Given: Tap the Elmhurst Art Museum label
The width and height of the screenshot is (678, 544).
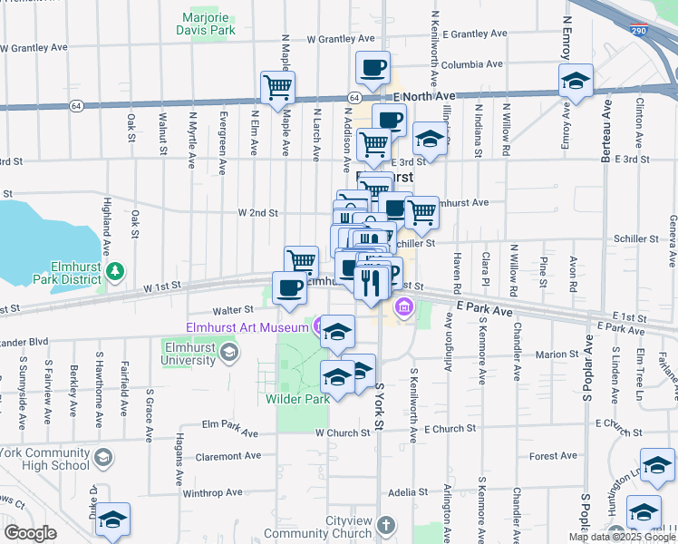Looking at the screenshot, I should (247, 326).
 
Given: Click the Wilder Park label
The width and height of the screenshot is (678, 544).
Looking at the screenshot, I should (297, 398).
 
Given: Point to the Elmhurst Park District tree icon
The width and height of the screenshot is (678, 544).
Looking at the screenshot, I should (115, 271).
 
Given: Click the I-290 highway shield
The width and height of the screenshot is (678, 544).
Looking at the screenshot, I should (639, 30).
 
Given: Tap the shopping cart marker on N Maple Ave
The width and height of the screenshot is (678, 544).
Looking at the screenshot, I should (277, 87).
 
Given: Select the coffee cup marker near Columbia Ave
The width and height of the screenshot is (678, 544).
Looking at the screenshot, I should (372, 66).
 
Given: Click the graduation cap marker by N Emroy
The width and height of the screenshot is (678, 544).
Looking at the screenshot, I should (576, 81).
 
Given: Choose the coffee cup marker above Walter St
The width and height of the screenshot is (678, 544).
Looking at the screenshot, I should (289, 287).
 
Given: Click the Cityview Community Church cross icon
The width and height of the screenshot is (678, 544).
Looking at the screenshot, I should (385, 525).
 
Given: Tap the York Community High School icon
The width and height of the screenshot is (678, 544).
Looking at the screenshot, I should (102, 458).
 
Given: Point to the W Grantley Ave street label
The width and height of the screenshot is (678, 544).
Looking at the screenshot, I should (341, 39).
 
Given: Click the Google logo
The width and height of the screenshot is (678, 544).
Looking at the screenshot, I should (30, 533).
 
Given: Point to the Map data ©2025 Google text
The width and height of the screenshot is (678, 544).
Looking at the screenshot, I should (621, 537).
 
